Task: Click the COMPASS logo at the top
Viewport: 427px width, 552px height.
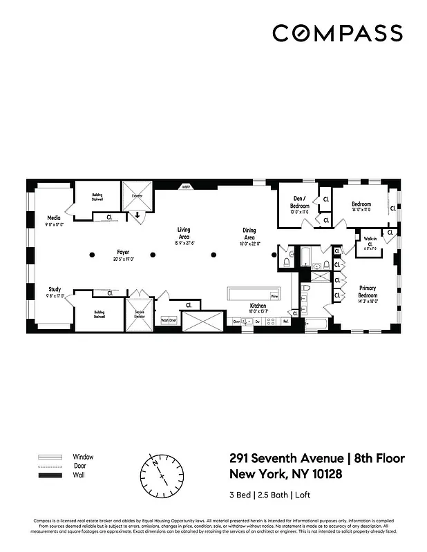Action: point(337,32)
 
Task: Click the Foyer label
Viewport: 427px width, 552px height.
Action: point(123,255)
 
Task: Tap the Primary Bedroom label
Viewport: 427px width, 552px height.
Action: point(367,292)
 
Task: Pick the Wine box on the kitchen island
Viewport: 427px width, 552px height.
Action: point(274,296)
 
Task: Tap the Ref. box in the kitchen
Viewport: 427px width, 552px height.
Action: point(285,321)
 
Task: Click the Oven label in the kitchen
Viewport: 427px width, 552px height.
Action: point(236,322)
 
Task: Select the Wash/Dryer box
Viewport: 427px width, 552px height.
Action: point(169,320)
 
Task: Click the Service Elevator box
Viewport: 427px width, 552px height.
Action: point(139,315)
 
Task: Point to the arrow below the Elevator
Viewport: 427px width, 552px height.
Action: point(137,215)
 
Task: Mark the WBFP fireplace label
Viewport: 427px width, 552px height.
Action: point(186,186)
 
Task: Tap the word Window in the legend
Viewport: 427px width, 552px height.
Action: point(83,457)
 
